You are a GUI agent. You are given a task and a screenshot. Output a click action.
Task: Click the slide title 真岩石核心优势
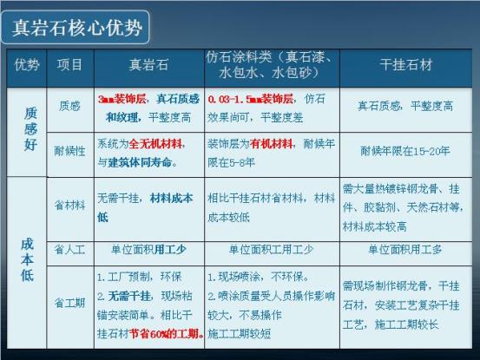click(x=76, y=27)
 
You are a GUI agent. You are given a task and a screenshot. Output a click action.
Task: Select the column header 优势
click(x=26, y=65)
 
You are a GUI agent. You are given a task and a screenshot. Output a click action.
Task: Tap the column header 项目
click(x=69, y=65)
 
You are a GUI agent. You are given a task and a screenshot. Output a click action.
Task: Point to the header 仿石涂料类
click(x=271, y=56)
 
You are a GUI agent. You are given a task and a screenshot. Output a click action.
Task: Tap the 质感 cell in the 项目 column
click(x=69, y=107)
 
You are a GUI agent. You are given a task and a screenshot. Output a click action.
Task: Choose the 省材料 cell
click(x=69, y=205)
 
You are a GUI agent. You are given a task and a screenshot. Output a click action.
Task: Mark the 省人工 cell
click(x=69, y=249)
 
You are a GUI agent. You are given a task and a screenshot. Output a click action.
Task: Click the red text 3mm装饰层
click(x=120, y=100)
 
